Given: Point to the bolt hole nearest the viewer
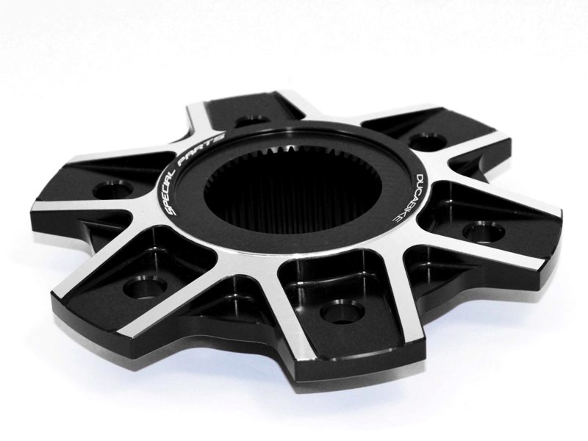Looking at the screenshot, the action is pyautogui.click(x=343, y=313).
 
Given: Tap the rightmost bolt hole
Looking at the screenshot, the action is pyautogui.click(x=483, y=231).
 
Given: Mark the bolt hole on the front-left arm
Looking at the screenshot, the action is pyautogui.click(x=143, y=286).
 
